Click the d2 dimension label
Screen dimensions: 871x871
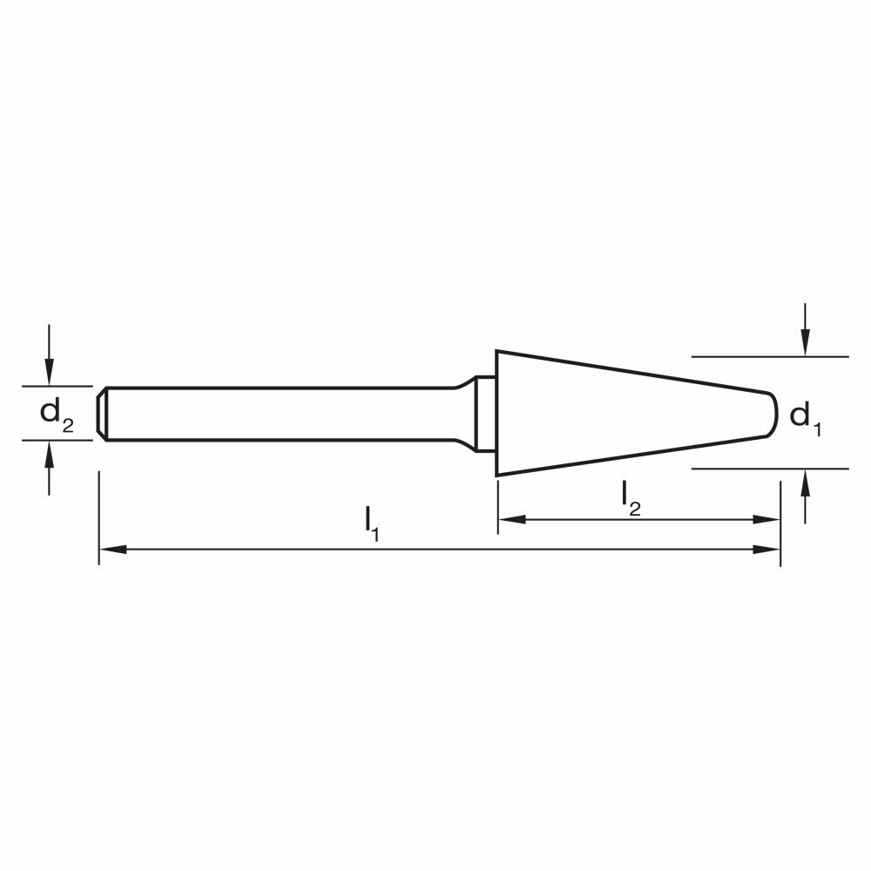(57, 414)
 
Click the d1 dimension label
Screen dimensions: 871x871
(805, 417)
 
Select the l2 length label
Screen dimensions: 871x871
(631, 497)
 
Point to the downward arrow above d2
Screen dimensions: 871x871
(50, 371)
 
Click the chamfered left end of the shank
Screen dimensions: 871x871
(103, 414)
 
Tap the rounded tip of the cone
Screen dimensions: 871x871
(773, 414)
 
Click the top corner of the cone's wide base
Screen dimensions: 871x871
(497, 352)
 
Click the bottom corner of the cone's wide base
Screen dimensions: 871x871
(497, 475)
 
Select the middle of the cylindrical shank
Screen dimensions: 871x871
(279, 414)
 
